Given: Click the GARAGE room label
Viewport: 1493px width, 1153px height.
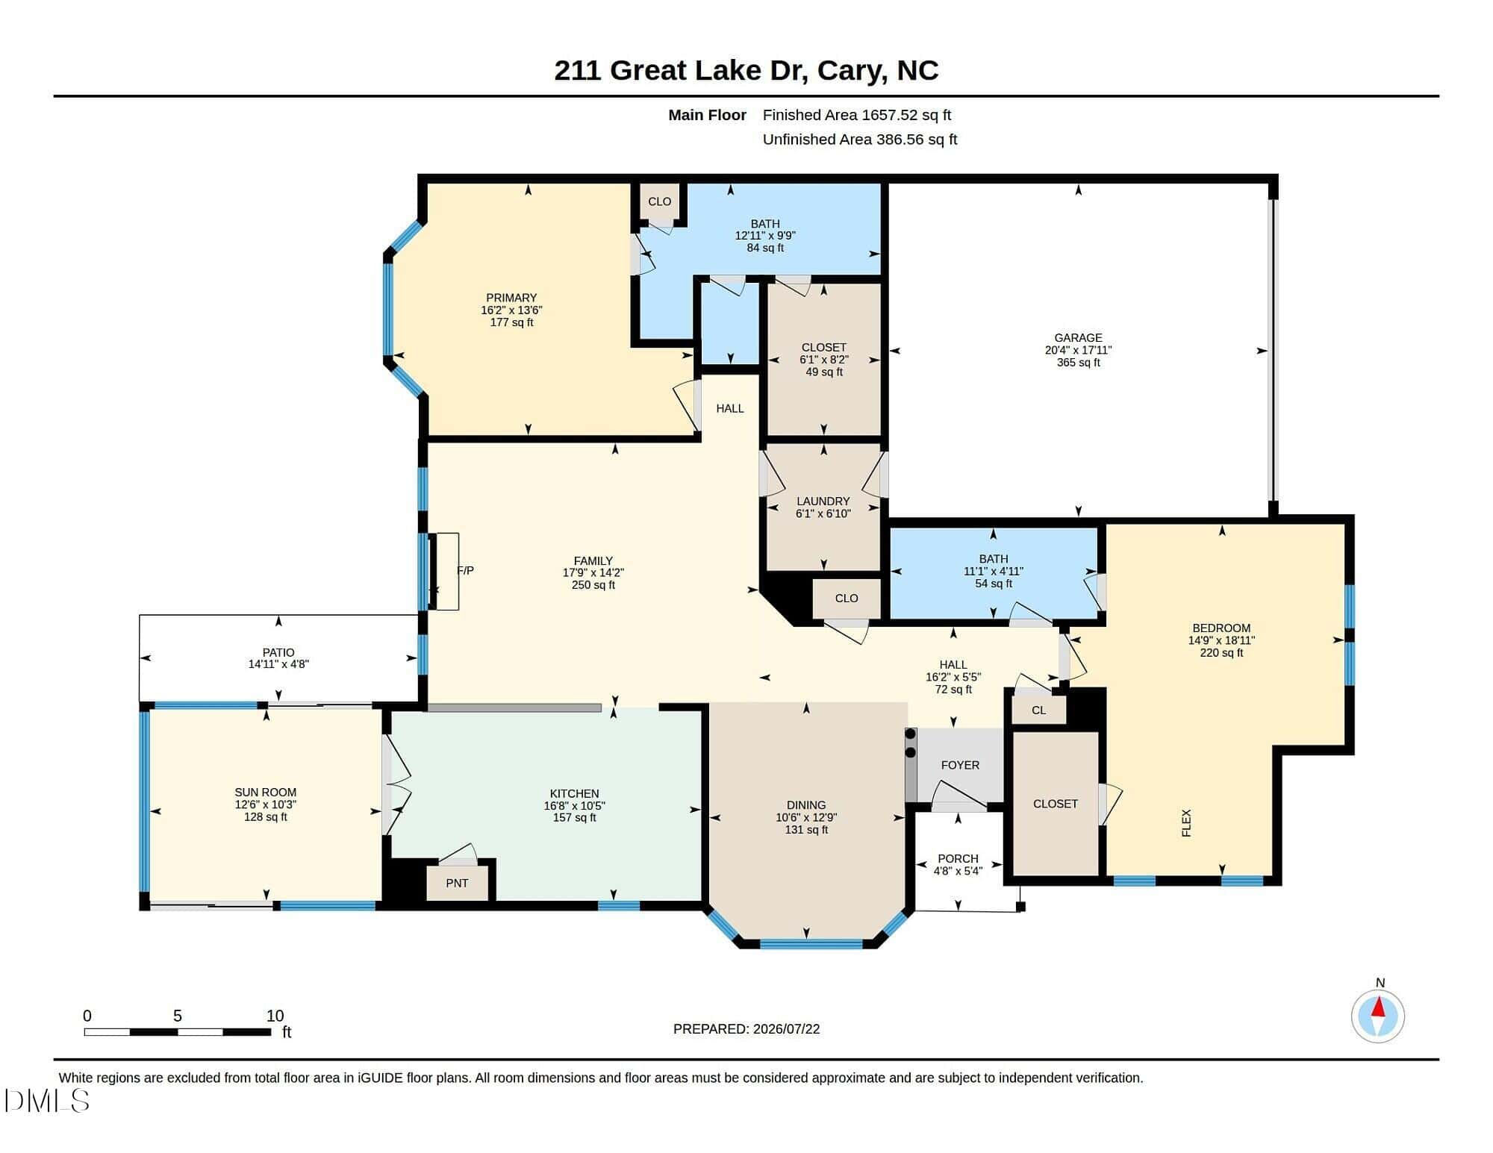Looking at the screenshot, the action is click(x=1078, y=338).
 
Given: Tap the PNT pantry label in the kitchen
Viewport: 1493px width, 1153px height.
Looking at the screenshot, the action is click(x=457, y=883).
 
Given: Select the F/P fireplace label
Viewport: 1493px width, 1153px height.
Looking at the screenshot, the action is click(x=465, y=571).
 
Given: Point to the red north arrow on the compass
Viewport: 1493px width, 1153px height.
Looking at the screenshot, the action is click(x=1379, y=1007).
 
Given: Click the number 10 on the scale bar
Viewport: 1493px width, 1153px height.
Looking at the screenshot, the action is click(x=275, y=1016).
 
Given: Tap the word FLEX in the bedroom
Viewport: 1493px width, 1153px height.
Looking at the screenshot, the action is click(x=1186, y=823).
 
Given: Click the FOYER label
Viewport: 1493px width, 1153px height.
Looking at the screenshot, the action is click(x=960, y=765).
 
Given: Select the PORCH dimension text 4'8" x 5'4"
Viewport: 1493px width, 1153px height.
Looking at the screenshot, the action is click(x=958, y=871).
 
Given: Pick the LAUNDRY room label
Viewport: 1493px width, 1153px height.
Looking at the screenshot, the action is click(x=823, y=501).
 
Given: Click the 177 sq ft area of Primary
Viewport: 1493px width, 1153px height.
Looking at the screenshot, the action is click(x=511, y=322).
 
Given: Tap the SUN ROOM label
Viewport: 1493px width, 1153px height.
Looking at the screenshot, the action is click(x=266, y=793).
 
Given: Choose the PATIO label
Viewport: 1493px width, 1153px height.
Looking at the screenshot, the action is click(x=278, y=652).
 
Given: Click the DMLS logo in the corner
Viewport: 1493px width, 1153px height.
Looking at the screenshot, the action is click(x=46, y=1101).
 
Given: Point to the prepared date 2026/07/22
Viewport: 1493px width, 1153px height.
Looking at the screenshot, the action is click(x=787, y=1029).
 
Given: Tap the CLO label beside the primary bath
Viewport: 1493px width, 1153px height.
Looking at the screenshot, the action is click(x=659, y=201).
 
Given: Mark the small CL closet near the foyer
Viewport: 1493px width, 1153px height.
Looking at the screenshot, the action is click(x=1038, y=710).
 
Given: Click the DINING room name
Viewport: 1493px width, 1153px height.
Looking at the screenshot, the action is click(x=806, y=805).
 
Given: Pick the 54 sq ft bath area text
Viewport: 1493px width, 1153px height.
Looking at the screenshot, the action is click(x=994, y=584).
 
